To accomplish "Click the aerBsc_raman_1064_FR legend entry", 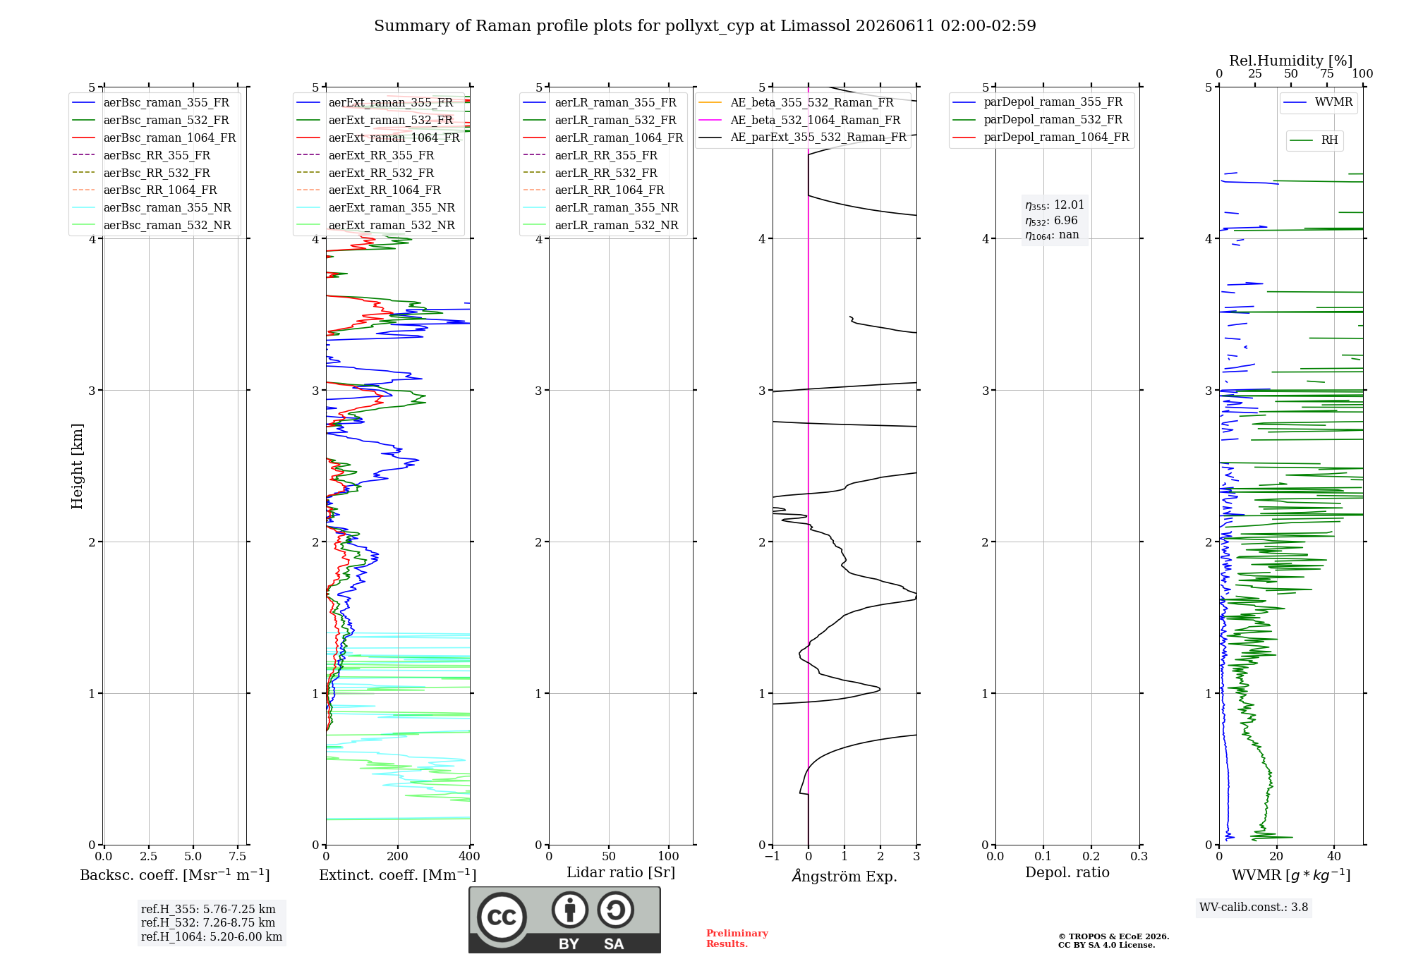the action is (x=154, y=138).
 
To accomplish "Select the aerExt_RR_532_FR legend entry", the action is (x=365, y=173).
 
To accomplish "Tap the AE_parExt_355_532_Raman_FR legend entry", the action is (x=803, y=138).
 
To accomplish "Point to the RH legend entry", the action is (x=1314, y=140).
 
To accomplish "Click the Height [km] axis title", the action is (x=77, y=466).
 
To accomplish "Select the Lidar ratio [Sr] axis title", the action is (x=621, y=872).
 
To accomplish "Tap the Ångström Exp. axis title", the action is (x=844, y=876).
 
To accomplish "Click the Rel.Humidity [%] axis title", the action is (x=1291, y=61).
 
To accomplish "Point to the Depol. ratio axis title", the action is (x=1067, y=872).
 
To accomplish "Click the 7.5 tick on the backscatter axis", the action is (x=238, y=856).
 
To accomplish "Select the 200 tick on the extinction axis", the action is (x=398, y=856).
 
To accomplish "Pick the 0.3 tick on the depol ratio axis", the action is (x=1139, y=856).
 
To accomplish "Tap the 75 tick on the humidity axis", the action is (x=1327, y=74).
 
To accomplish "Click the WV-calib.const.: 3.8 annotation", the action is (x=1254, y=908).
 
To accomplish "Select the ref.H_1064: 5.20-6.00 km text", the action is (x=212, y=937).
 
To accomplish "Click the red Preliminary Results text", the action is (x=737, y=939).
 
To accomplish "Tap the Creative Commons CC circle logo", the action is (x=502, y=917).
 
